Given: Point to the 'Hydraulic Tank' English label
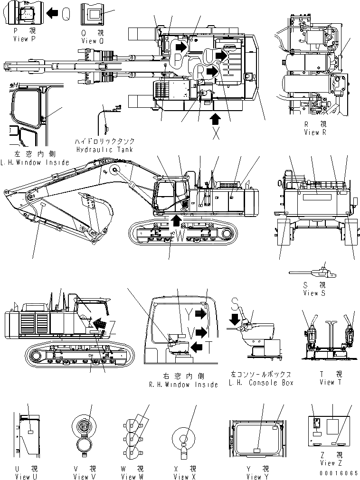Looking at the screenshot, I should (x=104, y=149).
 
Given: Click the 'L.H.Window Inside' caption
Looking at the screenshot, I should (x=35, y=162).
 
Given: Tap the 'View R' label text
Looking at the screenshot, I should (x=315, y=132).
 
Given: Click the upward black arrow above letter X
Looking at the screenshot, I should (x=216, y=118).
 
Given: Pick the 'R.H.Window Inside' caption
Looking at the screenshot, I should (x=183, y=384).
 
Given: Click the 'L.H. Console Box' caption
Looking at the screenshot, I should (x=262, y=383).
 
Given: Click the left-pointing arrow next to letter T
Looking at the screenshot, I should (x=198, y=348).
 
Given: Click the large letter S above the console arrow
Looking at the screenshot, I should (x=234, y=302).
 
